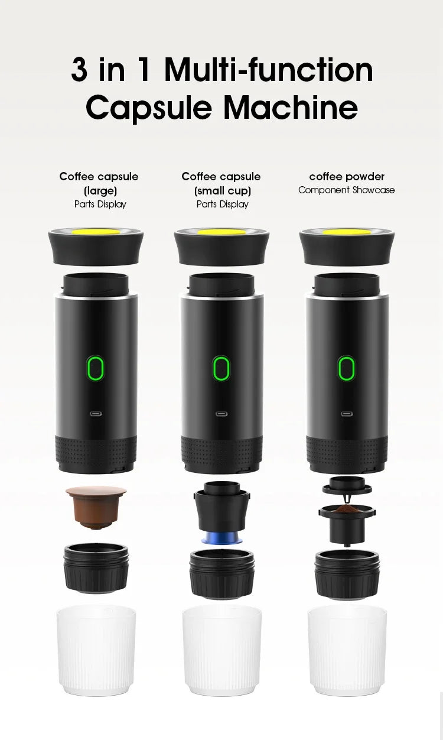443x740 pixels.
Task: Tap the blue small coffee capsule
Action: click(221, 538)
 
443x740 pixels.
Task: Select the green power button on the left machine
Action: click(95, 368)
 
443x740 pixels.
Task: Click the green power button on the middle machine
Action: click(221, 368)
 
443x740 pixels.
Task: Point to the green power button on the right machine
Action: click(347, 368)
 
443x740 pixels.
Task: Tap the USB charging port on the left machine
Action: click(95, 414)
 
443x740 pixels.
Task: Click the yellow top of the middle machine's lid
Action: click(221, 232)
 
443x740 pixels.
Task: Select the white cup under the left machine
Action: click(96, 650)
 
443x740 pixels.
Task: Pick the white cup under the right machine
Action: click(347, 650)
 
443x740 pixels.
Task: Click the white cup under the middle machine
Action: click(221, 650)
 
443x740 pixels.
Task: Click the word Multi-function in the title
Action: click(269, 70)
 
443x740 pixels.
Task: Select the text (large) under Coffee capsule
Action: click(99, 190)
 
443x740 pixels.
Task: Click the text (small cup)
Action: click(222, 190)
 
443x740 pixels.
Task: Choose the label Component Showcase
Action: click(347, 190)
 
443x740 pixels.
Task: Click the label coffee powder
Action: click(347, 176)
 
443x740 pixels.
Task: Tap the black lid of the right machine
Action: click(347, 248)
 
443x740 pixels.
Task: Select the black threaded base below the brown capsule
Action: click(96, 569)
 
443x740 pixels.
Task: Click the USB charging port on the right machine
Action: click(347, 414)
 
